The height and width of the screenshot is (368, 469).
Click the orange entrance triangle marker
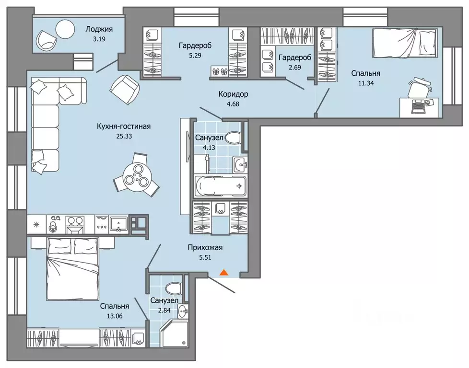click(224, 272)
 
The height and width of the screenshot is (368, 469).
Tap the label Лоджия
click(99, 29)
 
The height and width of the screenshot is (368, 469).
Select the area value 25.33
click(124, 136)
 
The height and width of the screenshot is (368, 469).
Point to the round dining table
click(136, 175)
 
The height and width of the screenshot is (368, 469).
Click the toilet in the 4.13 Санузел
click(234, 138)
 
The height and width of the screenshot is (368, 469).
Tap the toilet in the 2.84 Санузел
click(174, 288)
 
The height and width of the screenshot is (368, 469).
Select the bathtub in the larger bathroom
click(221, 186)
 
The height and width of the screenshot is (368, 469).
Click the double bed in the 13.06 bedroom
click(73, 269)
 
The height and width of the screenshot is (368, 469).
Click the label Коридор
click(233, 94)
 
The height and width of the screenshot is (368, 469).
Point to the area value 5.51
click(205, 257)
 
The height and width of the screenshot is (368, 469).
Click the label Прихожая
click(205, 248)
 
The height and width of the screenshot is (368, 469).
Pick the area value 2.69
click(295, 67)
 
